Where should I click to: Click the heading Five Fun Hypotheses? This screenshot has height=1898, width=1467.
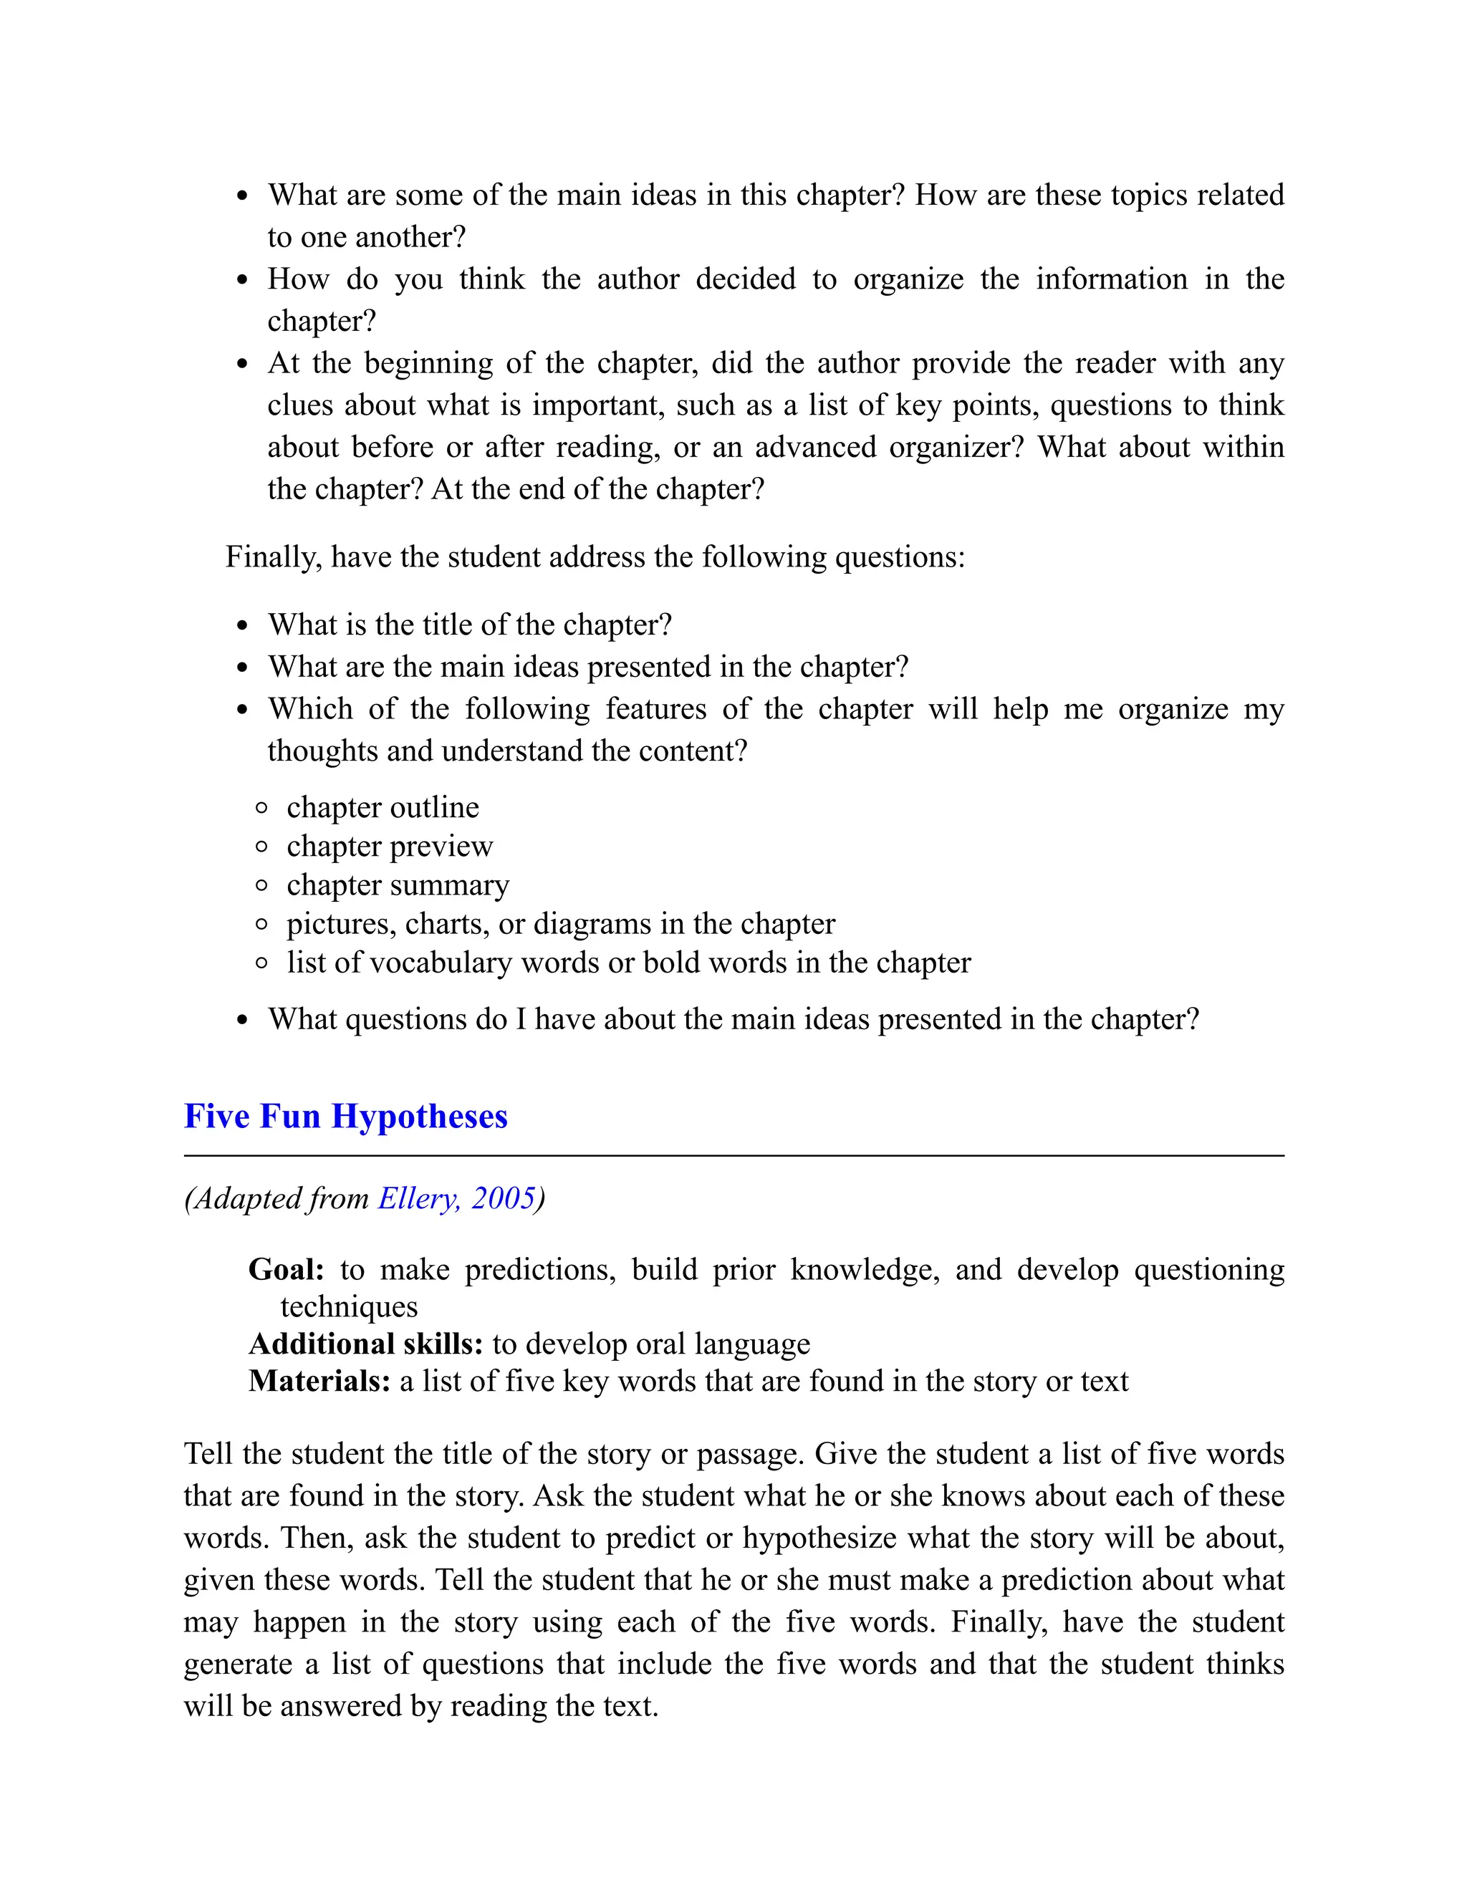coord(345,1117)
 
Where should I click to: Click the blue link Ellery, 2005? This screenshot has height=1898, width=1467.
coord(456,1198)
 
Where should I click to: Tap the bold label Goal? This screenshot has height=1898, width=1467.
coord(286,1270)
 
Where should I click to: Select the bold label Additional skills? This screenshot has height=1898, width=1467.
coord(366,1344)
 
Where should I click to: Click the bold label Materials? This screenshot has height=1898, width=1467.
coord(319,1381)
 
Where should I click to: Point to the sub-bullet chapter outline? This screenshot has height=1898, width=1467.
coord(383,807)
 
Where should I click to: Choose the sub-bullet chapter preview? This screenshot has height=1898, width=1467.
coord(390,846)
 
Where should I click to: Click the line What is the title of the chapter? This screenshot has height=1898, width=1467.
coord(469,625)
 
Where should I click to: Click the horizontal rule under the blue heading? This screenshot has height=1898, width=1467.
coord(733,1156)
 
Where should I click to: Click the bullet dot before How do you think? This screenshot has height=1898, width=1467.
coord(243,280)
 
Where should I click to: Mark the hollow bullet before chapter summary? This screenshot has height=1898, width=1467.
coord(261,885)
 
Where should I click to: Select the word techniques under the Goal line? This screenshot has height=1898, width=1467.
coord(349,1307)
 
